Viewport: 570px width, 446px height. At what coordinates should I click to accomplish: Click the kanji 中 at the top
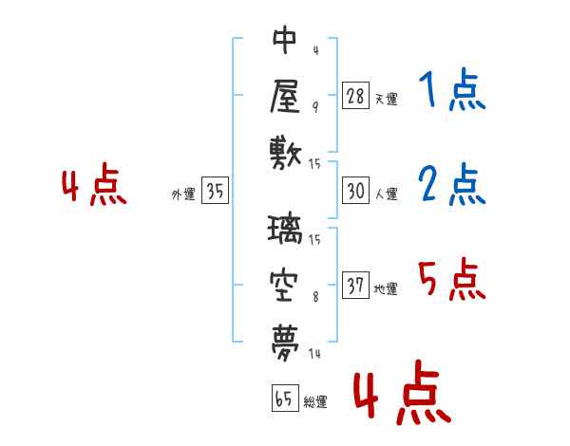pyautogui.click(x=285, y=40)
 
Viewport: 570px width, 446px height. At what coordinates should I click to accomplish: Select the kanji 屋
pyautogui.click(x=285, y=96)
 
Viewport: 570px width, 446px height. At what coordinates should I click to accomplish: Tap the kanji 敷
pyautogui.click(x=286, y=154)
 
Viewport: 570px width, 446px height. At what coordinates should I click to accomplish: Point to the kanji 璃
pyautogui.click(x=285, y=229)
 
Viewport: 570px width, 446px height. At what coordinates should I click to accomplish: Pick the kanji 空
pyautogui.click(x=284, y=286)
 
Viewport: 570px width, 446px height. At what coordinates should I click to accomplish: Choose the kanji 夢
pyautogui.click(x=285, y=343)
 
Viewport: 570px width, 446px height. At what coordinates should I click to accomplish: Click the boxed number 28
pyautogui.click(x=355, y=96)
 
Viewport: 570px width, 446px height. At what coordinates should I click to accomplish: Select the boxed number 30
pyautogui.click(x=355, y=191)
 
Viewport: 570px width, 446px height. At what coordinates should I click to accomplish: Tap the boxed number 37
pyautogui.click(x=355, y=285)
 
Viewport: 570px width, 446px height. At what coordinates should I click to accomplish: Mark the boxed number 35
pyautogui.click(x=215, y=190)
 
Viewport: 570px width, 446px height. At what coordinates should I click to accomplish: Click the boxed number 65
pyautogui.click(x=285, y=398)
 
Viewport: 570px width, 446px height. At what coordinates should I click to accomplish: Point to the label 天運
pyautogui.click(x=386, y=99)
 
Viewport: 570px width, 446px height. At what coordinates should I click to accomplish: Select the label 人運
pyautogui.click(x=386, y=194)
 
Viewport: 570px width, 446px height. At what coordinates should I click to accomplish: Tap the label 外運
pyautogui.click(x=183, y=195)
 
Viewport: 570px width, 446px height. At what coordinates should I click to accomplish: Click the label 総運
pyautogui.click(x=315, y=402)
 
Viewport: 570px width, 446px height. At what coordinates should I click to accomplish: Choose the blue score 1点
pyautogui.click(x=452, y=90)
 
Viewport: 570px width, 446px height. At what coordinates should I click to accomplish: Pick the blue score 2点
pyautogui.click(x=452, y=184)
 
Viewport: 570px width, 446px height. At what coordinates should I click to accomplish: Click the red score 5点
pyautogui.click(x=452, y=279)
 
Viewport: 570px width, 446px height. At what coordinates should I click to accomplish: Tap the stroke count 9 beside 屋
pyautogui.click(x=315, y=107)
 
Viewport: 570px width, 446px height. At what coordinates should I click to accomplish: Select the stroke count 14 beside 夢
pyautogui.click(x=314, y=353)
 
